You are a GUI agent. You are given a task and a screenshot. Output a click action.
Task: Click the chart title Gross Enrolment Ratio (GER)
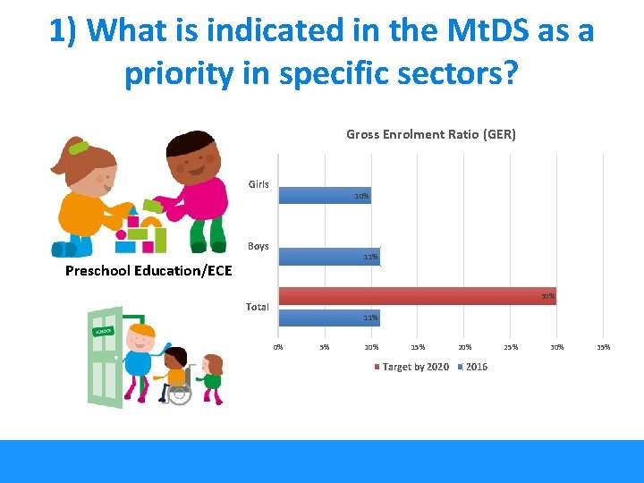pyautogui.click(x=430, y=134)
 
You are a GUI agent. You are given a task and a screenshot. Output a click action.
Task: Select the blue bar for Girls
pyautogui.click(x=324, y=195)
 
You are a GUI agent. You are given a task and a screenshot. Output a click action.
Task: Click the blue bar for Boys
pyautogui.click(x=328, y=257)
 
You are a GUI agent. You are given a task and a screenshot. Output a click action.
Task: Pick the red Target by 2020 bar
pyautogui.click(x=416, y=296)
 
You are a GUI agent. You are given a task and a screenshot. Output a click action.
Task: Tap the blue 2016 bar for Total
pyautogui.click(x=328, y=317)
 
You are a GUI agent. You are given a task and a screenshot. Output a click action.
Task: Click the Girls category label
pyautogui.click(x=258, y=184)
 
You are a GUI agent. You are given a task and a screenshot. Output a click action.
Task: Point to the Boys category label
pyautogui.click(x=258, y=246)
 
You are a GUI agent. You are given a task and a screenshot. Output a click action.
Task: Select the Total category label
pyautogui.click(x=257, y=307)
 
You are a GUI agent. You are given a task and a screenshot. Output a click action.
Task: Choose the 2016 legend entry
pyautogui.click(x=473, y=367)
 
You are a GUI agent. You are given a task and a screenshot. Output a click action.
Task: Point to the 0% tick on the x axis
pyautogui.click(x=278, y=347)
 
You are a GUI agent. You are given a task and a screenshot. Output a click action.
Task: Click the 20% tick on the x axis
pyautogui.click(x=465, y=347)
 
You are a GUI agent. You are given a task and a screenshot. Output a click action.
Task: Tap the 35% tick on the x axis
pyautogui.click(x=604, y=347)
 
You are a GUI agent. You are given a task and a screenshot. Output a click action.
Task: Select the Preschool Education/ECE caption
pyautogui.click(x=148, y=270)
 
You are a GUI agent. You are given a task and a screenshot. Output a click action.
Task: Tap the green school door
pyautogui.click(x=106, y=358)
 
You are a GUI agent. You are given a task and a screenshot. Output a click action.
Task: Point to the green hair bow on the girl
pyautogui.click(x=79, y=147)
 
